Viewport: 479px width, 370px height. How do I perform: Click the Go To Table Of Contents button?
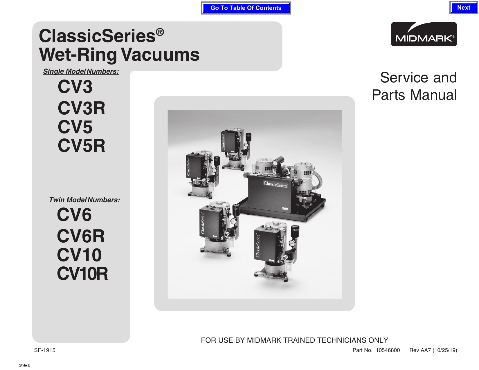[x=246, y=8]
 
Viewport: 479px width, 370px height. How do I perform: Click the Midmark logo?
[x=424, y=34]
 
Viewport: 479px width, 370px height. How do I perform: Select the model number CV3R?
[x=81, y=108]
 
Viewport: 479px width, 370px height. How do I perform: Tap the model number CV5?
[x=75, y=127]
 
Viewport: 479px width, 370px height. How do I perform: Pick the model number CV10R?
[x=82, y=274]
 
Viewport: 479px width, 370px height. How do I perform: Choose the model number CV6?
[x=74, y=215]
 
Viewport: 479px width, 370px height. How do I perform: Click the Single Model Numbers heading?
[x=81, y=71]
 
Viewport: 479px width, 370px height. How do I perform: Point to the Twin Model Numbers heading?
[x=84, y=200]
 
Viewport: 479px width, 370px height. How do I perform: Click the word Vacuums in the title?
[x=161, y=55]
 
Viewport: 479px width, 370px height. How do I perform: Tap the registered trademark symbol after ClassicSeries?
[x=160, y=32]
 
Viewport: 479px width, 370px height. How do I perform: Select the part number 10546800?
[x=388, y=350]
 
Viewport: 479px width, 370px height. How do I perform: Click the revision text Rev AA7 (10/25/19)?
[x=433, y=350]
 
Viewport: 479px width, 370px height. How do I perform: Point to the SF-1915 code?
[x=45, y=350]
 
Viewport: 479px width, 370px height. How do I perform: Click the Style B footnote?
[x=24, y=365]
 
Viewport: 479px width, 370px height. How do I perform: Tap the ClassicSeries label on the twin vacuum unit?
[x=275, y=184]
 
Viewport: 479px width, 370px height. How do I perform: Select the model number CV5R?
[x=81, y=146]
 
